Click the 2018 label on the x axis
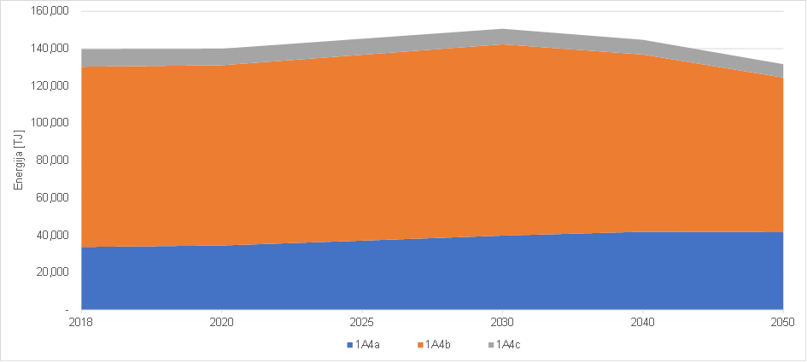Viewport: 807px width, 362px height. tap(81, 324)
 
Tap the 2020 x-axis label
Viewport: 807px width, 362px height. tap(222, 324)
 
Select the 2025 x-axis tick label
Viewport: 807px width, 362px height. tap(362, 324)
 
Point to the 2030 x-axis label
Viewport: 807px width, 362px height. tap(502, 324)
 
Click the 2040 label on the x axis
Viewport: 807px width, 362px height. tap(642, 324)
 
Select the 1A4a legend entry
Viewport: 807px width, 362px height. tap(365, 345)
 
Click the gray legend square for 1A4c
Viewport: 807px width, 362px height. tap(490, 345)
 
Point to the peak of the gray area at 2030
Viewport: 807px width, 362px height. tap(502, 30)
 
